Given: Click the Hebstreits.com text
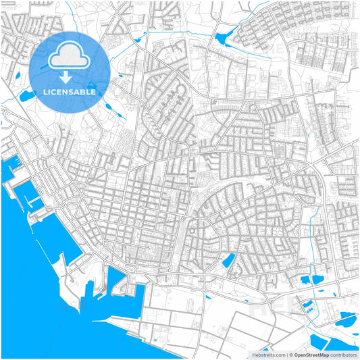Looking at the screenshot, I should pyautogui.click(x=267, y=354).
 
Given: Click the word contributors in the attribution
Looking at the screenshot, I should pyautogui.click(x=343, y=354).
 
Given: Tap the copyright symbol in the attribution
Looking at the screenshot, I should pyautogui.click(x=290, y=354).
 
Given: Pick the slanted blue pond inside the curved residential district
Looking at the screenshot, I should pyautogui.click(x=229, y=260).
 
